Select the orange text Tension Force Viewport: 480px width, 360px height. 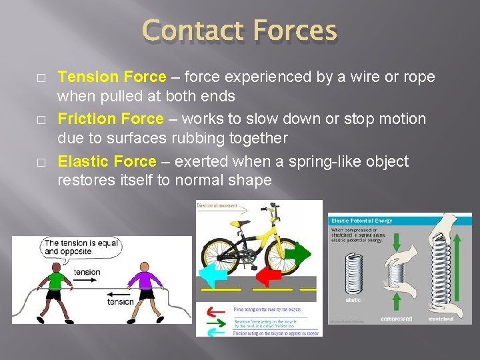coord(110,77)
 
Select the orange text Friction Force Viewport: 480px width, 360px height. coord(110,119)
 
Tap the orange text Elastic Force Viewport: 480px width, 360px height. coord(107,162)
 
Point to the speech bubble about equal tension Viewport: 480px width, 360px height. coord(71,247)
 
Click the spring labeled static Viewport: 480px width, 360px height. coord(353,273)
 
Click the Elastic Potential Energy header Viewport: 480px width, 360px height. coord(361,220)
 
